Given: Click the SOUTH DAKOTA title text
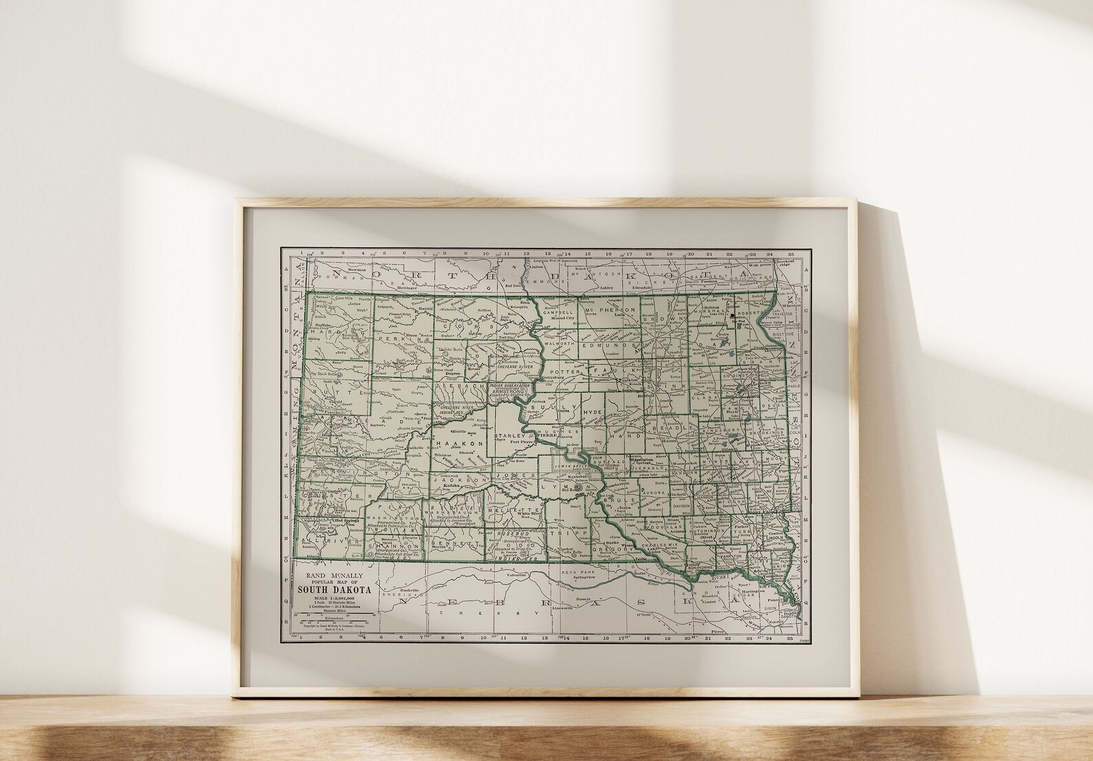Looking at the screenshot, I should [x=334, y=590].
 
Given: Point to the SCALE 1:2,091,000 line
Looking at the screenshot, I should [x=334, y=598].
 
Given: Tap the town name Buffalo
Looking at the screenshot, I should [x=321, y=324].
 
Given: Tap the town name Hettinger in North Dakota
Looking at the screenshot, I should [x=412, y=286].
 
